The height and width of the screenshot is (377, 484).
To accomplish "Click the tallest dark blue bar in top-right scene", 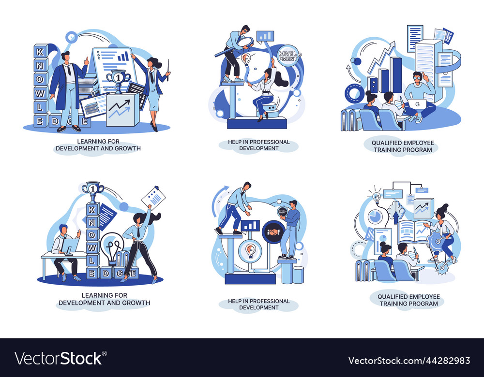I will tap(396, 75).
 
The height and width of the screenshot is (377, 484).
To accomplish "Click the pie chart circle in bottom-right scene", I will tap(374, 217).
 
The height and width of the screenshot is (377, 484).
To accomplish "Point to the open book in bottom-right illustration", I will tap(413, 232).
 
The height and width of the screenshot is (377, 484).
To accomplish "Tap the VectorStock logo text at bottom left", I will tap(59, 358).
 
